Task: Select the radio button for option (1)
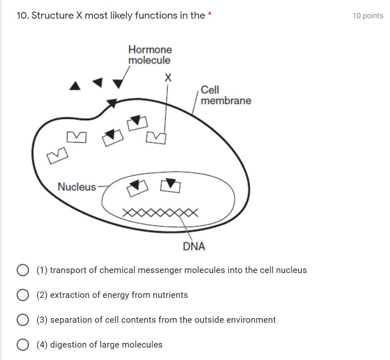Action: tap(23, 270)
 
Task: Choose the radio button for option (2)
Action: tap(23, 295)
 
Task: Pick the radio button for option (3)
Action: tap(23, 320)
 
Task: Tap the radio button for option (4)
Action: tap(23, 345)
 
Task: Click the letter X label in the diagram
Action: tap(168, 77)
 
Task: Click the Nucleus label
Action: tap(77, 187)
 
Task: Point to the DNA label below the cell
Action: tap(194, 246)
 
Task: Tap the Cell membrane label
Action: tap(225, 95)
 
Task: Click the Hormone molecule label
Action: tap(150, 55)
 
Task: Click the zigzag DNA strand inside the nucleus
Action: tap(160, 213)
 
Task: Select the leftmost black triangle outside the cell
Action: tap(75, 86)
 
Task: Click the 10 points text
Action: tap(368, 16)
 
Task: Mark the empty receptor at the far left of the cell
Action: tap(57, 156)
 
